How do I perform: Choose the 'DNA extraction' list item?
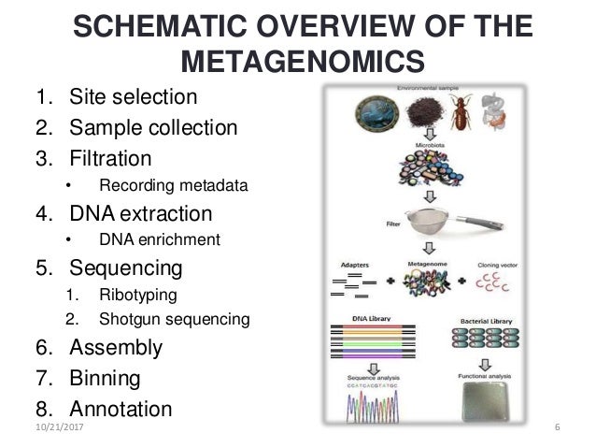pos(140,212)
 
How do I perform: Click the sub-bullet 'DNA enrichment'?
pos(160,240)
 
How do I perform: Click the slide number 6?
pos(556,428)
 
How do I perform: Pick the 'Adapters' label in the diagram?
pos(350,264)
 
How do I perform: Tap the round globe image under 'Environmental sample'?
pos(359,117)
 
